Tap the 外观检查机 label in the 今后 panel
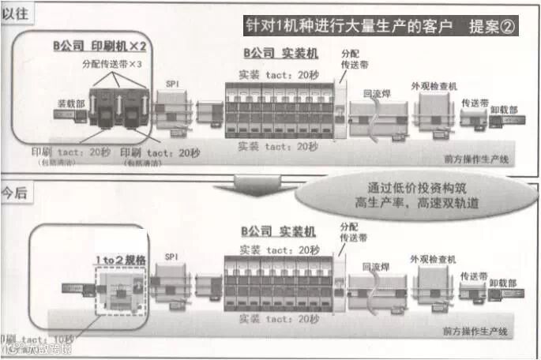432,258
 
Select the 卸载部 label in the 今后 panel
503,282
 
